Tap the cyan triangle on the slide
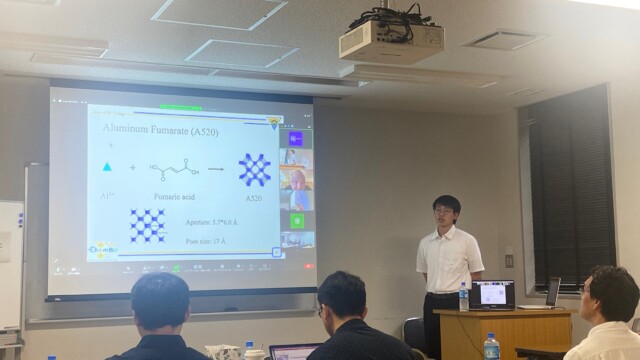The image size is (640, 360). tap(107, 167)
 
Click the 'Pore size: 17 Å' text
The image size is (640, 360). tap(206, 241)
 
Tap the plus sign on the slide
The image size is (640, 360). tap(132, 167)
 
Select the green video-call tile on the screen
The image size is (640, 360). tap(297, 220)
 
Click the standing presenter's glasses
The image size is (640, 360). tap(444, 212)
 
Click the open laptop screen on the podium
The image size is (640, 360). tap(492, 294)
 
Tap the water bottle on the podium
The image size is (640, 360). tap(463, 296)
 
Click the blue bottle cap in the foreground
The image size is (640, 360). tap(490, 337)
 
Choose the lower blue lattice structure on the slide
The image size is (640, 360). tap(148, 225)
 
